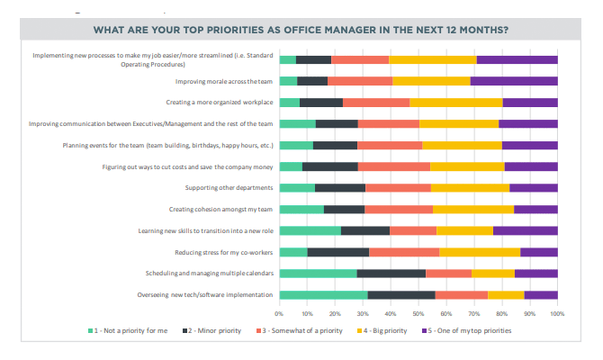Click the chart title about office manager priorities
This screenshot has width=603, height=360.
click(301, 29)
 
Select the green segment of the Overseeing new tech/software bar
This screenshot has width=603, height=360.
click(323, 294)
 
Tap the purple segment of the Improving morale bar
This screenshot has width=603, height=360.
click(514, 81)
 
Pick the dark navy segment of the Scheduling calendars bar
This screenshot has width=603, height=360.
click(391, 273)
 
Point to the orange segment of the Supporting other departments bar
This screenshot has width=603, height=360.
click(398, 187)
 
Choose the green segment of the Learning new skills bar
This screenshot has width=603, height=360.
click(310, 230)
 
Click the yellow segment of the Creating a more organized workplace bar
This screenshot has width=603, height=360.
click(455, 102)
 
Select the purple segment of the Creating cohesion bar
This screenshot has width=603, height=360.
click(535, 209)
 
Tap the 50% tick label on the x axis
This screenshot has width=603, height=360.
click(418, 313)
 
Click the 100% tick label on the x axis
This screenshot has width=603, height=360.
click(556, 313)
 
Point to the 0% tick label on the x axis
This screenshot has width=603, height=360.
click(280, 313)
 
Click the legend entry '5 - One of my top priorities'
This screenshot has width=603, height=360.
click(468, 330)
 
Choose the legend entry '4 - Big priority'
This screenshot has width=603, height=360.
click(384, 330)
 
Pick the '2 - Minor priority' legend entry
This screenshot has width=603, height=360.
click(213, 330)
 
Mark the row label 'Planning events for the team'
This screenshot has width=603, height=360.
click(166, 145)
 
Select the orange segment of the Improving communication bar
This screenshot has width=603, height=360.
click(388, 123)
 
